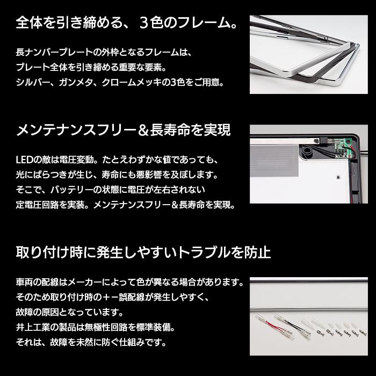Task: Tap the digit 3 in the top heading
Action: [x=146, y=24]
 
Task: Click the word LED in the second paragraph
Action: [x=24, y=161]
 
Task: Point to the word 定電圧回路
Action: [x=38, y=205]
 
